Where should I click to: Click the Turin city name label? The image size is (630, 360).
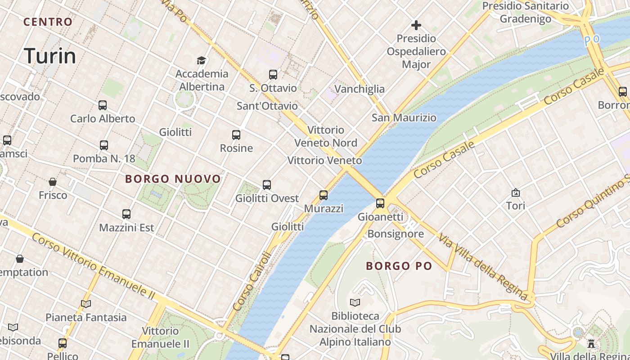[x=50, y=56]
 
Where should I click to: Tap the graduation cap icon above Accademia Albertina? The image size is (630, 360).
[x=201, y=60]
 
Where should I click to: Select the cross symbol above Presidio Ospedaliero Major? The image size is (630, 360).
[x=416, y=25]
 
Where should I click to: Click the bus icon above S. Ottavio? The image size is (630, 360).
[x=273, y=75]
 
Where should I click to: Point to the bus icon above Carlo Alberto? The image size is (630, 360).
[x=103, y=105]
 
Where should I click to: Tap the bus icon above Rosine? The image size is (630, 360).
[x=236, y=135]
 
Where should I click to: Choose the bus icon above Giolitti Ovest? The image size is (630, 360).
[x=267, y=184]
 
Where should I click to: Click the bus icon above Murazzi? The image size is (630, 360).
[x=324, y=195]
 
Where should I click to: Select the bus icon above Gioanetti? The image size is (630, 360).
[x=380, y=203]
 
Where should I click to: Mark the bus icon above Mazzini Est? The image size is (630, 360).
[x=126, y=214]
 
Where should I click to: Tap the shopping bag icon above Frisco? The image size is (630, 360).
[x=53, y=182]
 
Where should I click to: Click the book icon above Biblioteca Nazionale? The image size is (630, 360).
[x=355, y=302]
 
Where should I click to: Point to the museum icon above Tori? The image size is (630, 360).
[x=516, y=193]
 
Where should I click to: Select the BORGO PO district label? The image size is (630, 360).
[x=399, y=266]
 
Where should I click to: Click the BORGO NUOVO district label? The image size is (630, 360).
[x=173, y=179]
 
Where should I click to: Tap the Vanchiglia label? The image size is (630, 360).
[x=360, y=89]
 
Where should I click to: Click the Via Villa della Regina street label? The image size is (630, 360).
[x=483, y=267]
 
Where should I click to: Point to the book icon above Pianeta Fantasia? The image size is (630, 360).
[x=86, y=304]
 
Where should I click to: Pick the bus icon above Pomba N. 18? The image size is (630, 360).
[x=104, y=145]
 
